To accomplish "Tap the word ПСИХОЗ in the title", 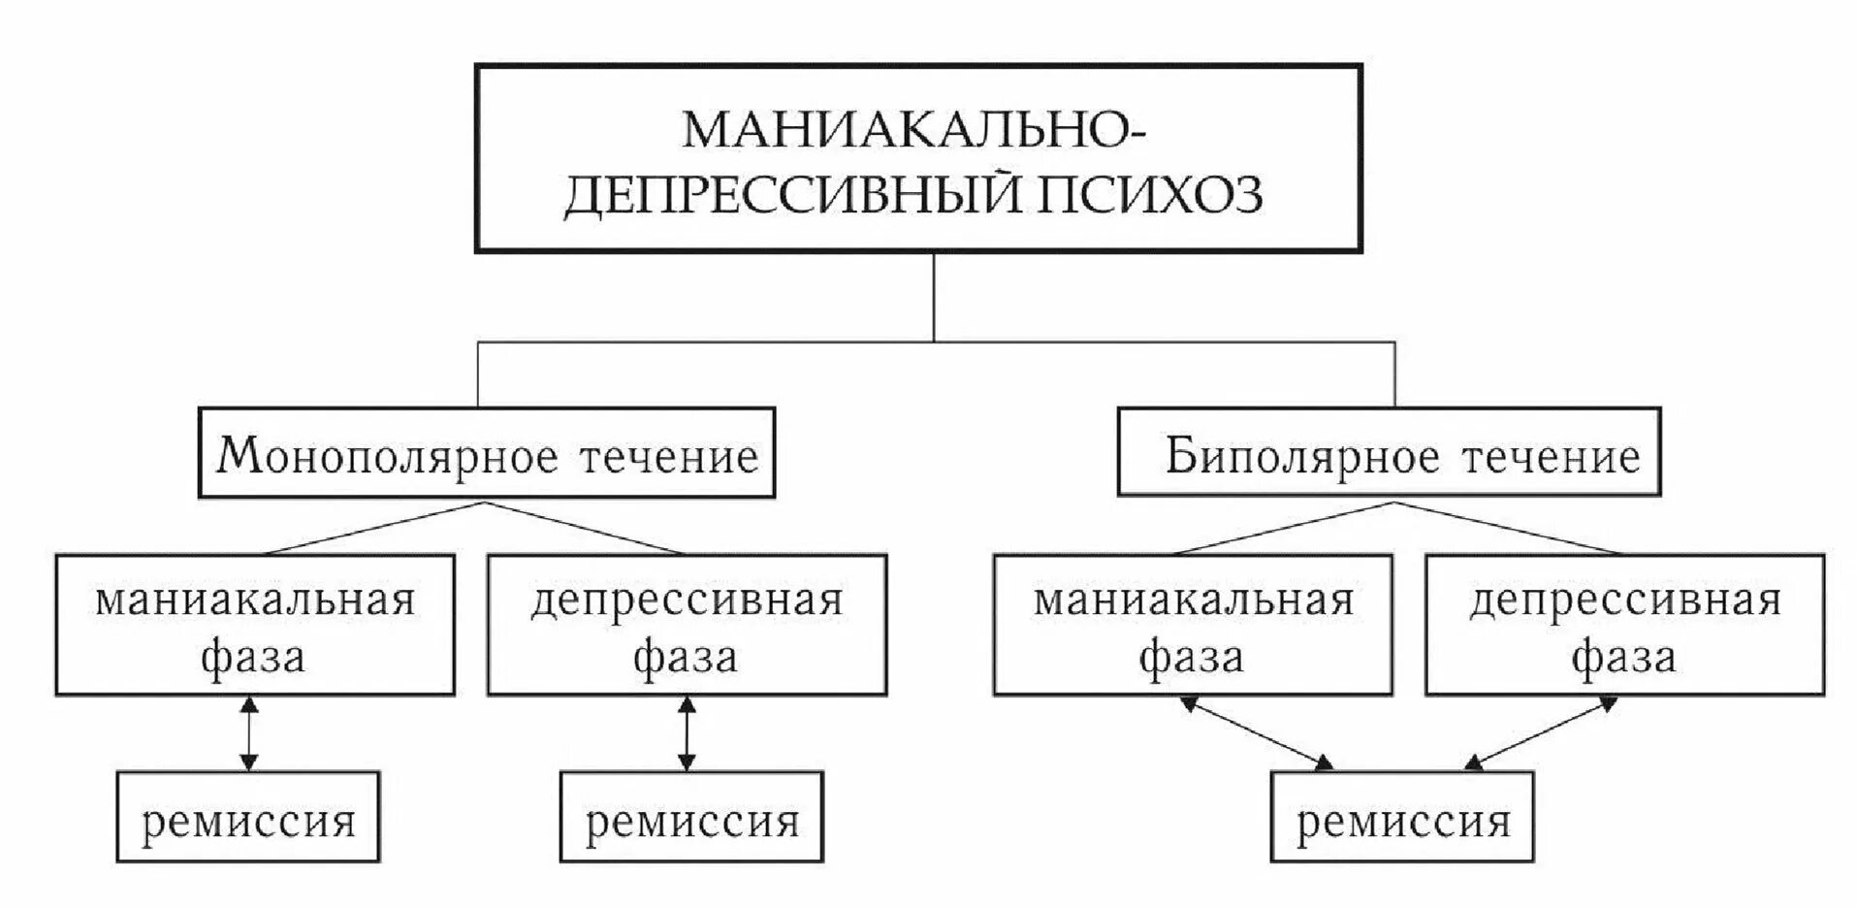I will (1152, 194).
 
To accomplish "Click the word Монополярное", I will (388, 456).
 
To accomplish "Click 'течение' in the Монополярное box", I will (669, 456).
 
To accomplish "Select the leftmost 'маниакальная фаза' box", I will (254, 626).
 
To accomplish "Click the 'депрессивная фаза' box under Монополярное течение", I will (687, 626).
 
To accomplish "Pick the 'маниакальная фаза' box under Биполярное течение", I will (1193, 626).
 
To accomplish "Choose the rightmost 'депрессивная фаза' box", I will (1625, 626).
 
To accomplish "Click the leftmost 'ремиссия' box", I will (248, 818).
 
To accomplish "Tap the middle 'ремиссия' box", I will (691, 818).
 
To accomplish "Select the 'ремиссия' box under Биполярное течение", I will (1402, 818).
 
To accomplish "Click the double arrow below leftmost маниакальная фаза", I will (249, 733).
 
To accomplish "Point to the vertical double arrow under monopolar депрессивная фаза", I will (687, 733).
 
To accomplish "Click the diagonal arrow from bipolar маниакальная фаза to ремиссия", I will (1256, 733).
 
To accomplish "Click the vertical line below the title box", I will (934, 296).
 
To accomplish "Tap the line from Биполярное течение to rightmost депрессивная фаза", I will (1508, 528).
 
